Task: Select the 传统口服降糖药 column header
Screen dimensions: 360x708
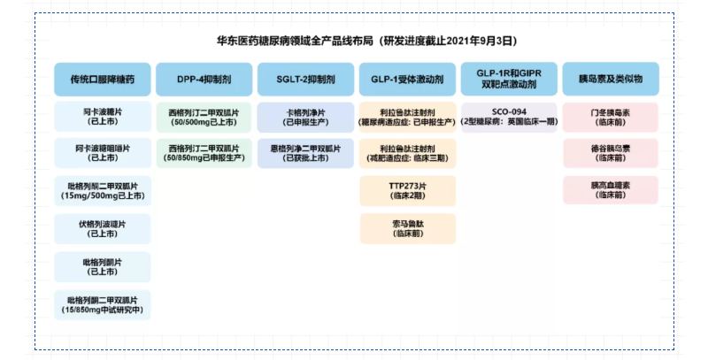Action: pos(102,79)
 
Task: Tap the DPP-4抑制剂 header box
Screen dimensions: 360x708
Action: pos(204,79)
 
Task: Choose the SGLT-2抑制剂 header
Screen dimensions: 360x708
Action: pos(305,79)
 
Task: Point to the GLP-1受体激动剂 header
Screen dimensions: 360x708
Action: pos(407,79)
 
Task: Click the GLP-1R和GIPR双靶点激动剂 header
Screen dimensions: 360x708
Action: pos(509,79)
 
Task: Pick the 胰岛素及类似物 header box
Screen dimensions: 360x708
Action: pos(611,79)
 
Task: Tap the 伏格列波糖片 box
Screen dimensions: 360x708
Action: pos(102,228)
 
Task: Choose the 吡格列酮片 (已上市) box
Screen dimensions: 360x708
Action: pos(102,266)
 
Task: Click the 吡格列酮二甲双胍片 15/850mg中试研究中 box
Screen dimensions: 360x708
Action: pos(102,304)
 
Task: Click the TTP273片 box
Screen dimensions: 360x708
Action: pos(407,190)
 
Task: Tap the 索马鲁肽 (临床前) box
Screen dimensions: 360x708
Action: pos(407,228)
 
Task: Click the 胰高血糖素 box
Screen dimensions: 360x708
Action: pos(611,190)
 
